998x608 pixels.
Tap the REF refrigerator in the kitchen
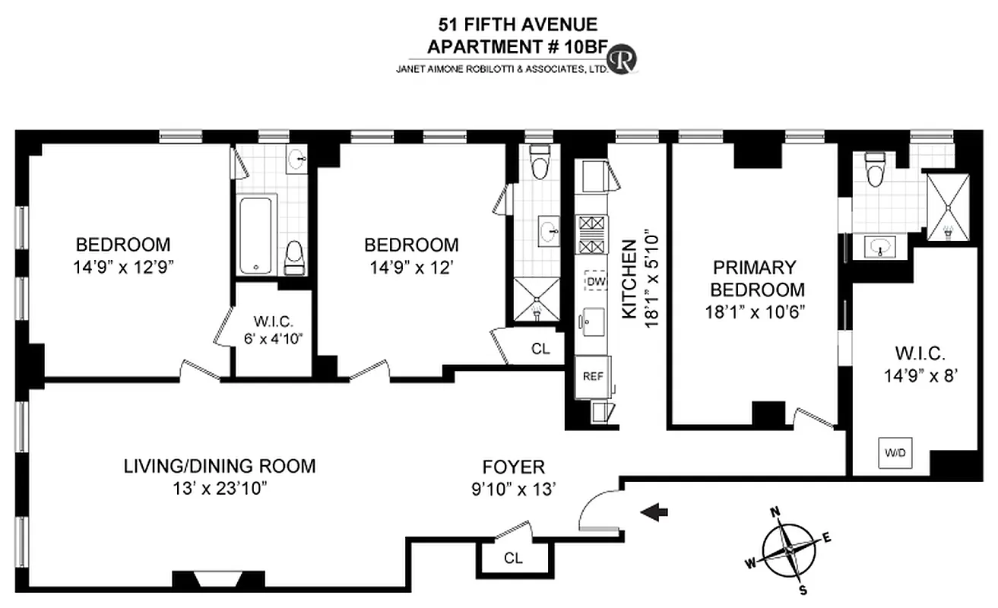coord(592,376)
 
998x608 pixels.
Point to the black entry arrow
coord(654,515)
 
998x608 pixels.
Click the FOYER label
coord(514,467)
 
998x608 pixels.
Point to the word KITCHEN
coord(630,278)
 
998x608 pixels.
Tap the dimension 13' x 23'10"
coord(220,487)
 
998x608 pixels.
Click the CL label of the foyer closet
coord(513,558)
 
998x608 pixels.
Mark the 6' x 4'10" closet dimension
coord(270,338)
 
